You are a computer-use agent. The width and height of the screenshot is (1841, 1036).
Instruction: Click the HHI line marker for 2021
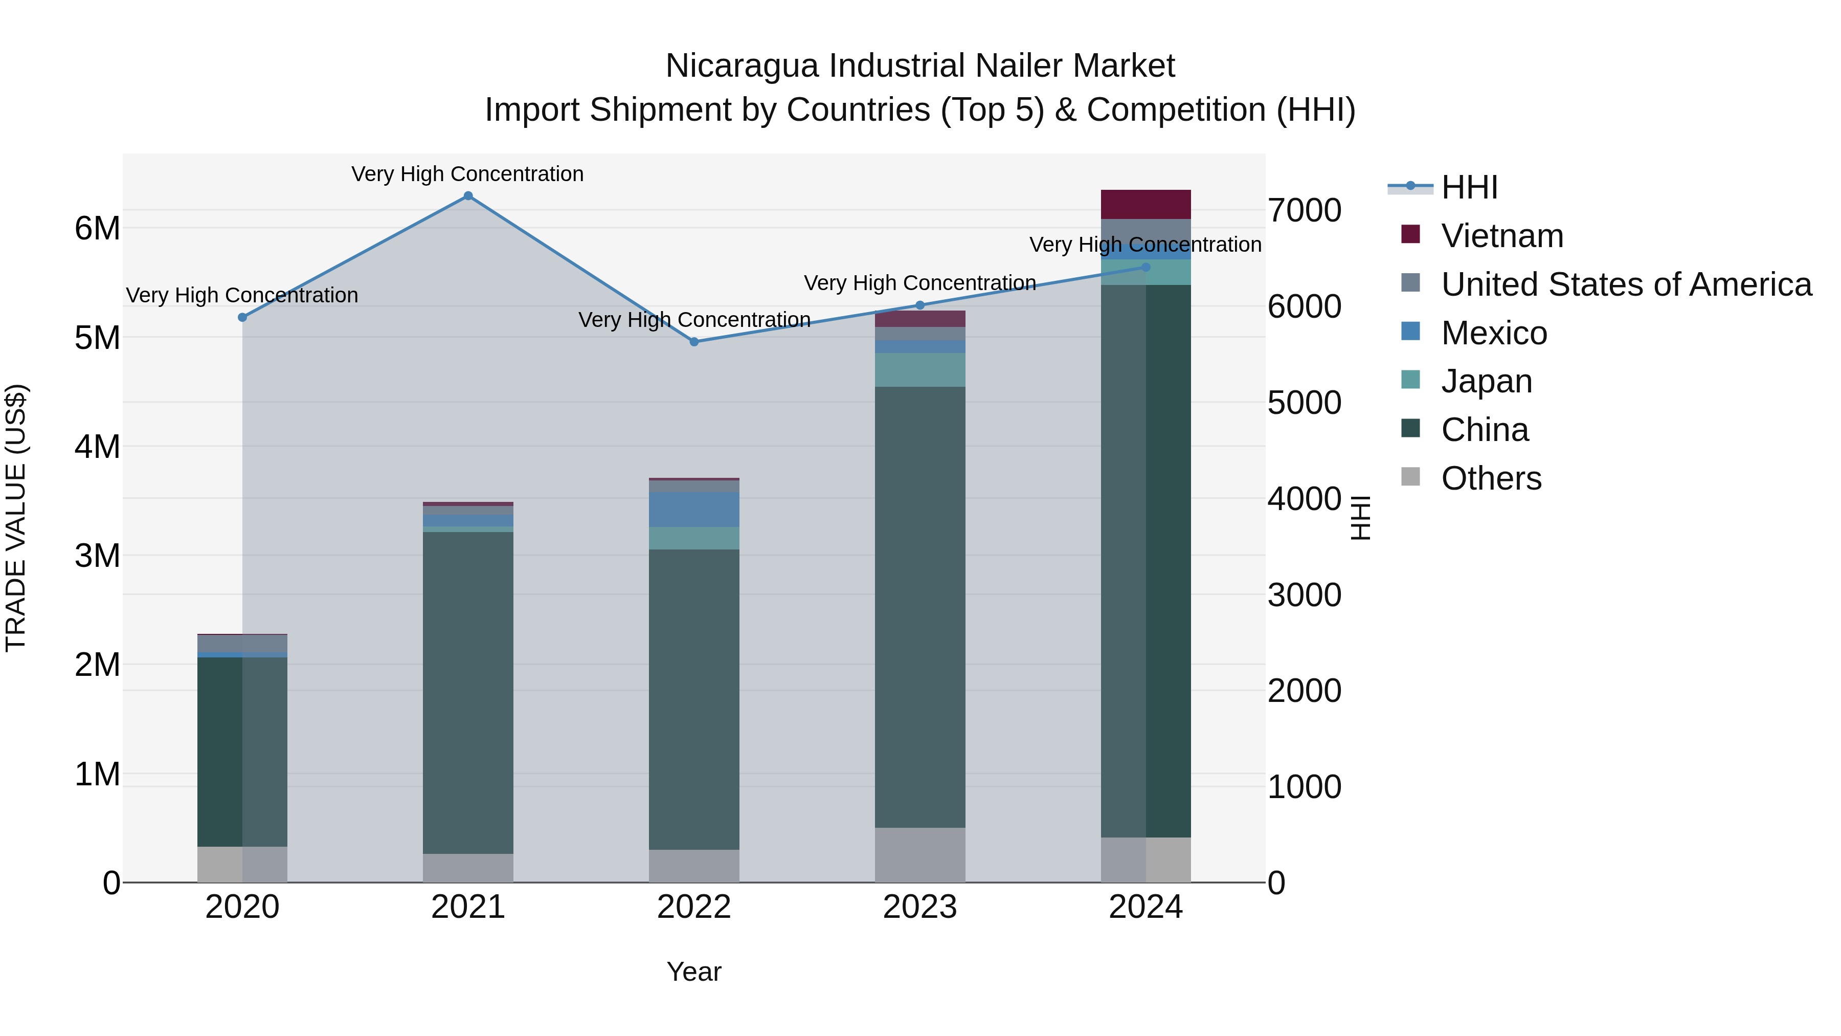click(x=468, y=196)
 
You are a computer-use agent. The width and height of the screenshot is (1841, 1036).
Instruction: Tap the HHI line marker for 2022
click(x=694, y=342)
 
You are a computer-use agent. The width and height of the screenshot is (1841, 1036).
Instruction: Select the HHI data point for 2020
click(x=242, y=317)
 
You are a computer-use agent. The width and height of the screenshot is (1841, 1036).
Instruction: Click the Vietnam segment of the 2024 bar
click(x=1146, y=205)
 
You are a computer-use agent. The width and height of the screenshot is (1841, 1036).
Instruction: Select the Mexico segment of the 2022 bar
click(x=694, y=509)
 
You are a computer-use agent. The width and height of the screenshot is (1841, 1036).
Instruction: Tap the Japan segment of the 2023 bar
click(x=920, y=370)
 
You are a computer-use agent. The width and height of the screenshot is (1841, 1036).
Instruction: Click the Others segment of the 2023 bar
click(x=920, y=854)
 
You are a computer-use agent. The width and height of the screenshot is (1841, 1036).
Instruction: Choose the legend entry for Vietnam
click(x=1501, y=236)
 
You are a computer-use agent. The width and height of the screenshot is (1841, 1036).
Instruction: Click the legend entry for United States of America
click(x=1626, y=284)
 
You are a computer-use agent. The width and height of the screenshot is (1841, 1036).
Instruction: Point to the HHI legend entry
click(x=1469, y=187)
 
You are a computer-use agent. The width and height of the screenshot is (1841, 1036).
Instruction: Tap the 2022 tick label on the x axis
click(x=694, y=907)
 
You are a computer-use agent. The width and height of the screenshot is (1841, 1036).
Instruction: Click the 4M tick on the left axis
click(x=97, y=447)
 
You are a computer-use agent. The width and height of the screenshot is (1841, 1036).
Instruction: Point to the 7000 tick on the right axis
click(x=1304, y=211)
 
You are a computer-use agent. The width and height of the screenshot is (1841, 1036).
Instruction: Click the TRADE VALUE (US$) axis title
click(x=16, y=518)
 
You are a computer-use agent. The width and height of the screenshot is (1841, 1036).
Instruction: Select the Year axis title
click(x=694, y=972)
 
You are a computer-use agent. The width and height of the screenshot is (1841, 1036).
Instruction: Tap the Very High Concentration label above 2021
click(x=467, y=174)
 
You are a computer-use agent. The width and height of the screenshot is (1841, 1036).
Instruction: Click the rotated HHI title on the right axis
click(x=1360, y=518)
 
